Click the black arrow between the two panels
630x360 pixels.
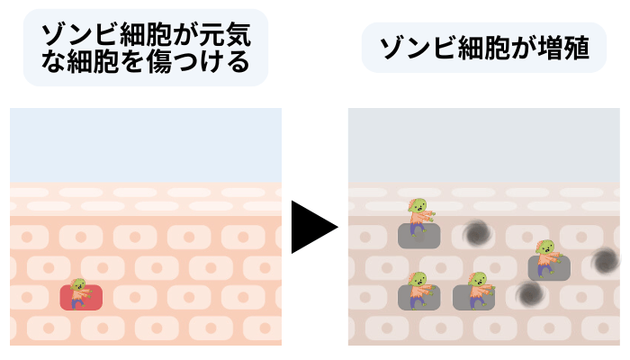pos(311,226)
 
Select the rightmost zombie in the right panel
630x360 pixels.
pos(546,256)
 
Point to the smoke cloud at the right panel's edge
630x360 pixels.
pos(604,262)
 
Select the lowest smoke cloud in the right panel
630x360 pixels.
pos(530,293)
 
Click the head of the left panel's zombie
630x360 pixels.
pos(78,285)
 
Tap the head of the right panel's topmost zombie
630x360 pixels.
pos(417,208)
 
